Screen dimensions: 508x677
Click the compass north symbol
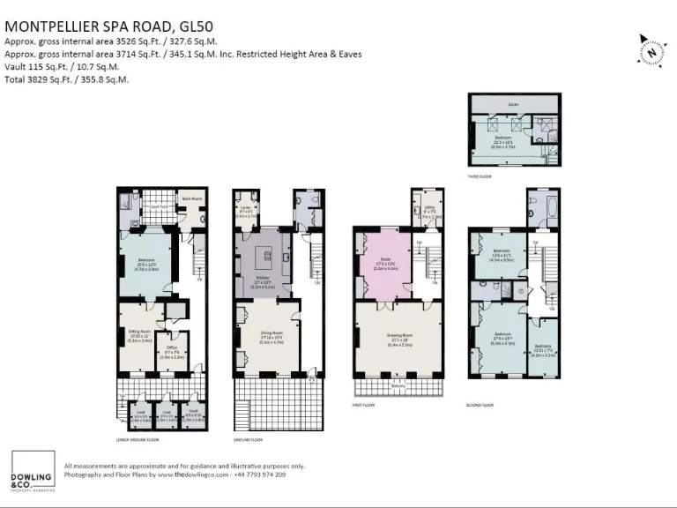pos(650,50)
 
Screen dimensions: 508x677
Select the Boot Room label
pos(192,199)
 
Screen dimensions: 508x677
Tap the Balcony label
pos(398,385)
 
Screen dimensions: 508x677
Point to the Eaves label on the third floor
pos(512,103)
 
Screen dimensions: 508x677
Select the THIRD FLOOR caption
pos(480,176)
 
